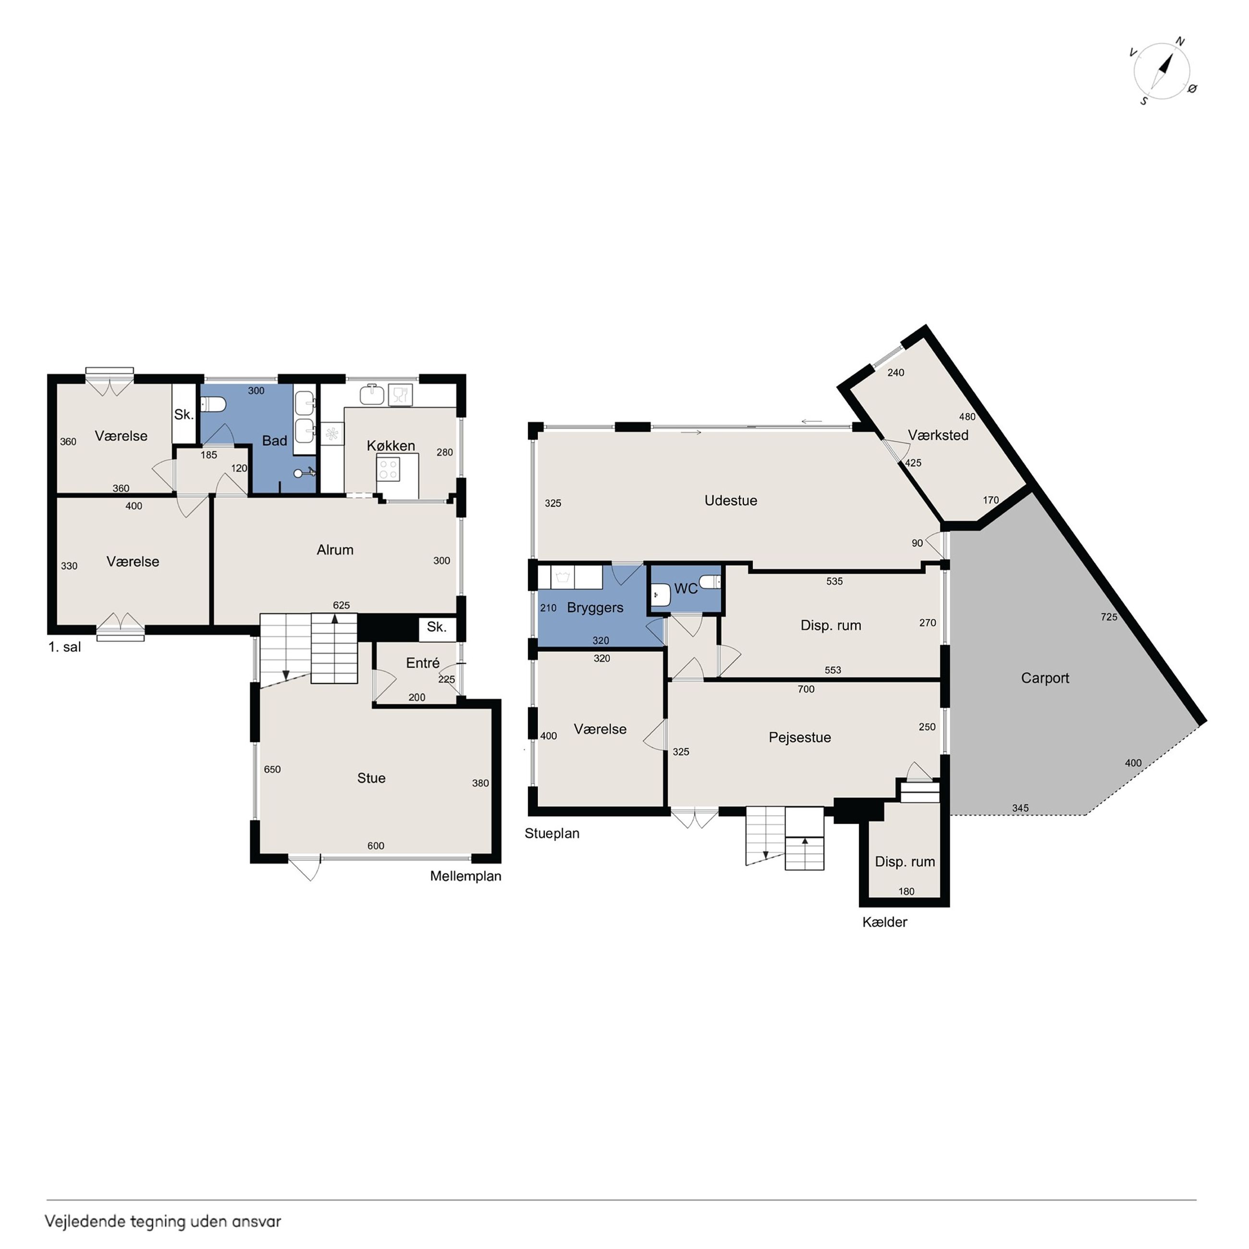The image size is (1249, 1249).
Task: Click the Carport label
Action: point(1045,678)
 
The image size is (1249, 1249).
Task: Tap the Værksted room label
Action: point(938,435)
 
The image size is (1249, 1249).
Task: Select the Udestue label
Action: point(731,501)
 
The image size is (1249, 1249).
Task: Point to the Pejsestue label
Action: point(800,738)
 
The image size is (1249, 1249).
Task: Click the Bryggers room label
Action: point(595,608)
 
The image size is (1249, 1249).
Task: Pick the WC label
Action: point(686,588)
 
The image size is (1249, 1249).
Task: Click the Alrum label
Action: point(335,550)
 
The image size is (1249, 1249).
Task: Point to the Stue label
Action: point(371,778)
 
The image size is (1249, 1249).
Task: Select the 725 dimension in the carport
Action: point(1109,617)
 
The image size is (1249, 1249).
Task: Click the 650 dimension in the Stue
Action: point(272,769)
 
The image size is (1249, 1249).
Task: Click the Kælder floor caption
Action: point(884,922)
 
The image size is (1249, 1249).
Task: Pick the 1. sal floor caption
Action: point(65,647)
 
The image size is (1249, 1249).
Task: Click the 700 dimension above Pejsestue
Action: point(806,689)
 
